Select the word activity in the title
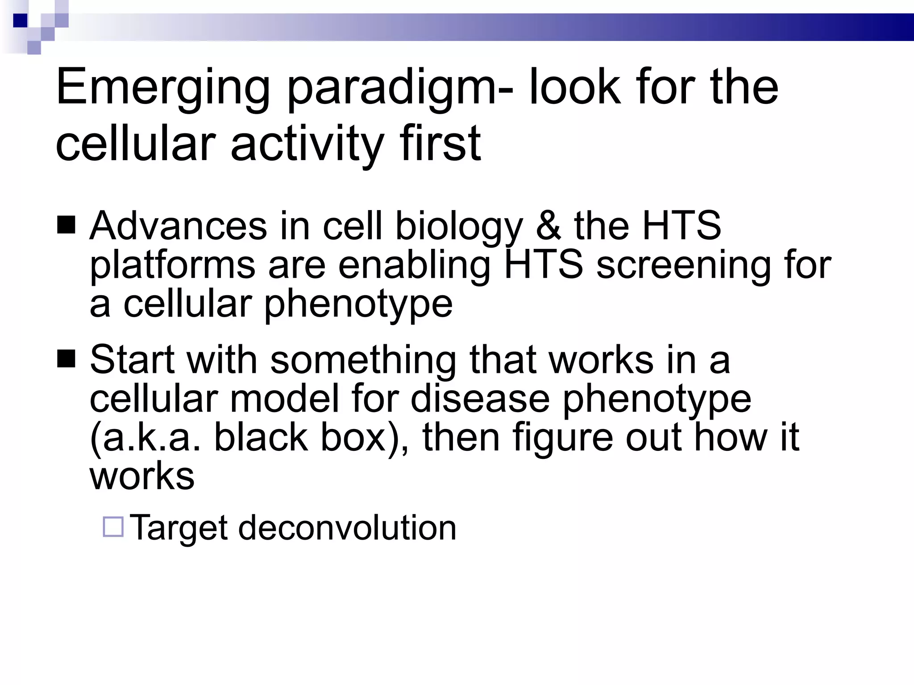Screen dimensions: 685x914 click(307, 144)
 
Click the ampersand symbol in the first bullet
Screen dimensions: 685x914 click(548, 226)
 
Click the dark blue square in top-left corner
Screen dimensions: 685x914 click(20, 21)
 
